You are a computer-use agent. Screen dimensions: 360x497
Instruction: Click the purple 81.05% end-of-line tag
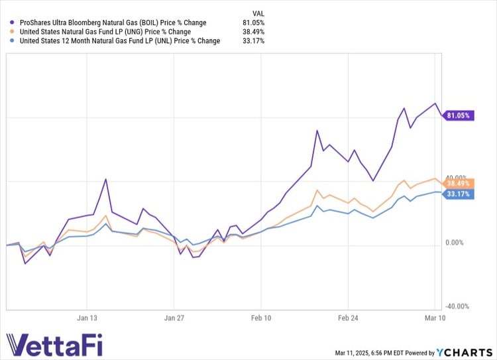point(459,115)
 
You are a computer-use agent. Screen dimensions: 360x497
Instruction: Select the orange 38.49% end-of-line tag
point(459,183)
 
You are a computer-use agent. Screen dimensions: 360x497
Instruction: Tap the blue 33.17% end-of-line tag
point(459,194)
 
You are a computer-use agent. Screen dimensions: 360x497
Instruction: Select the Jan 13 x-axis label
point(87,318)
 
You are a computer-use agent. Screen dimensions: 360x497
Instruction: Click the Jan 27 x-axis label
point(174,318)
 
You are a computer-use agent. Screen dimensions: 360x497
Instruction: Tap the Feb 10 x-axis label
point(261,318)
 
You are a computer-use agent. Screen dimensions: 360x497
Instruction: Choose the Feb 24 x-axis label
point(348,318)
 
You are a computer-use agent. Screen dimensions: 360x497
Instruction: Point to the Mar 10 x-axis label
point(434,318)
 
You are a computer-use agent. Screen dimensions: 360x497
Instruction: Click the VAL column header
point(259,13)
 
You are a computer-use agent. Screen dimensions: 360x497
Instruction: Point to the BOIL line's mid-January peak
point(105,179)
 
